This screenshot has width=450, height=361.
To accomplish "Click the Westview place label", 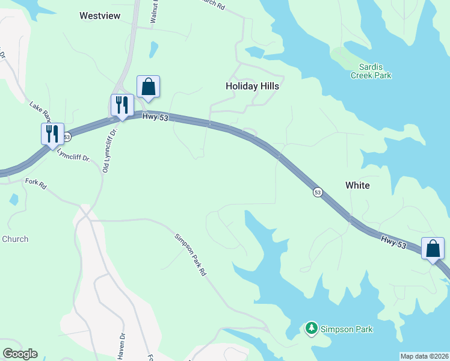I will pos(101,16).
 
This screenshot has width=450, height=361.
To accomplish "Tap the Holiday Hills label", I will pos(252,86).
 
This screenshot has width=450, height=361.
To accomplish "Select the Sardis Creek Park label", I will pos(371,71).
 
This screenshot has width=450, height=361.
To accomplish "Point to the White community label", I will pos(357,185).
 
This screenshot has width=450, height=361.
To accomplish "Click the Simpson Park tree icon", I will pos(311,329).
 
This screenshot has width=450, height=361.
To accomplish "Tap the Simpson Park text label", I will pos(347,329).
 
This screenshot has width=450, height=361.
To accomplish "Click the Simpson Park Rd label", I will pos(191,255).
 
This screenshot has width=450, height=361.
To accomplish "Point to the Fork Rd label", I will pos(35,184).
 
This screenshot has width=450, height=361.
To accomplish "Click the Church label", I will pos(15,239).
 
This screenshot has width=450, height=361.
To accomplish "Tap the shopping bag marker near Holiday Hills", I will pos(148,87).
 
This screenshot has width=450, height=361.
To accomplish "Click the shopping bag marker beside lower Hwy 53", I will pos(433,248).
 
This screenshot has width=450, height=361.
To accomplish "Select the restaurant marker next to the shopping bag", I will pos(122,105).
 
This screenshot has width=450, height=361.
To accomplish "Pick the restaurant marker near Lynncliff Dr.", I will pos(52,134).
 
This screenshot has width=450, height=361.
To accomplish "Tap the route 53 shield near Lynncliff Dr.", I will pos(66,137).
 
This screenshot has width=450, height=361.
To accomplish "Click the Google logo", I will pos(20,354).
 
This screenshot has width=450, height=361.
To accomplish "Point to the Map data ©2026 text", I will pos(424,356).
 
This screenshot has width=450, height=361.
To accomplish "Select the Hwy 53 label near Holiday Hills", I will pos(155,117).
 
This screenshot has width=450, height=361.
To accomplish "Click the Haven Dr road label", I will pos(121,346).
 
